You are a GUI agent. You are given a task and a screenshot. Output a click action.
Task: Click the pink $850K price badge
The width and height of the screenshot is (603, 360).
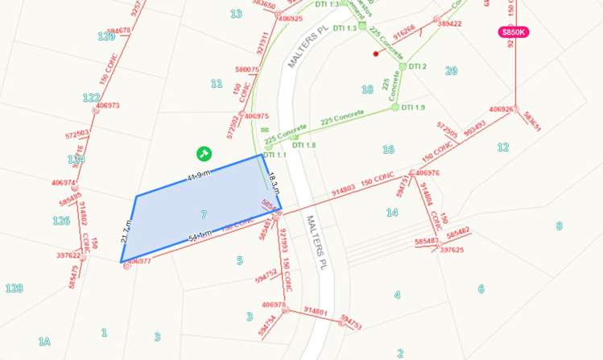tap(513, 32)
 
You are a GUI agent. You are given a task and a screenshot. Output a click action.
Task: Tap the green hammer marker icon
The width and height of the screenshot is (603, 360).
tap(204, 152)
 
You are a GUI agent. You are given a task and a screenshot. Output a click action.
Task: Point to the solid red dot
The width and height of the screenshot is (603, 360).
tap(376, 54)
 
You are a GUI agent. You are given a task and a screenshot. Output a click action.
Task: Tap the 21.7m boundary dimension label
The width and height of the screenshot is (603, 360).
tap(126, 230)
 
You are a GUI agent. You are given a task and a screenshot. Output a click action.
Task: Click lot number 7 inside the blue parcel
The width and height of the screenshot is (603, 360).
tap(204, 214)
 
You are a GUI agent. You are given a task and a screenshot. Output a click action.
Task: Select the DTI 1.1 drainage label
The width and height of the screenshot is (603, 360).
tap(275, 155)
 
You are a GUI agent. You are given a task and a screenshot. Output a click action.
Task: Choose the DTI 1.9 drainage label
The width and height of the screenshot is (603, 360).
tap(413, 107)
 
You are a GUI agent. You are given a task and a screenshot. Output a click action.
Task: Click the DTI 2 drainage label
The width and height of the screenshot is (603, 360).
tap(417, 66)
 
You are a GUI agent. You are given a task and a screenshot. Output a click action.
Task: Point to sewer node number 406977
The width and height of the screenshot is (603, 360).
tap(138, 261)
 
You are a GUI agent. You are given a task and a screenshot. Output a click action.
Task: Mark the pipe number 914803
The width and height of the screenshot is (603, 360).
tap(344, 191)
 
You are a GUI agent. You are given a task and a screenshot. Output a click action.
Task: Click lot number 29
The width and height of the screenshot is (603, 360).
tap(451, 71)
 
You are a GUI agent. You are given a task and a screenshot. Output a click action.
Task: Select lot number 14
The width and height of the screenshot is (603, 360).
tap(392, 213)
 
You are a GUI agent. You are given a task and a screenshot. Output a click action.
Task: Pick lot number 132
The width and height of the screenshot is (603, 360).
tap(91, 97)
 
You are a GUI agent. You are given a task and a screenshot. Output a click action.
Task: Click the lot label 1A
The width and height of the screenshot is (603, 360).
tap(44, 341)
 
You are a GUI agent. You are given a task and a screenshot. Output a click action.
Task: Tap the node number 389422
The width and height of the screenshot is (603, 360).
tap(449, 23)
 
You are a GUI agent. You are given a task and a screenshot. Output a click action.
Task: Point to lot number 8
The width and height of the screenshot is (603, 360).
tap(559, 226)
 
